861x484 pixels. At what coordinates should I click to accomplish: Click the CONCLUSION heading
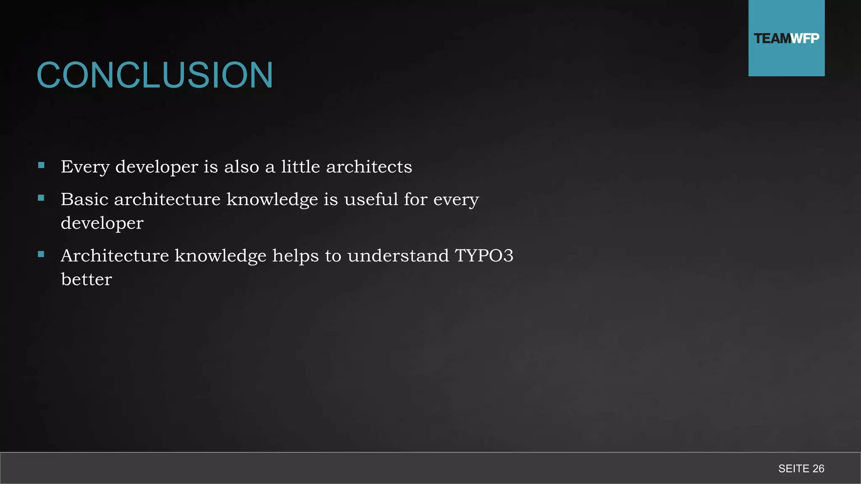coord(155,75)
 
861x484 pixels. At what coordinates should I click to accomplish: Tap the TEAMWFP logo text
coord(786,39)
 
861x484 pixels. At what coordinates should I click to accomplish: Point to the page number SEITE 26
coord(801,468)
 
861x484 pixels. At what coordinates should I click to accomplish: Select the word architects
coord(369,167)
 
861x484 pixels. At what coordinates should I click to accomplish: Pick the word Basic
coord(85,199)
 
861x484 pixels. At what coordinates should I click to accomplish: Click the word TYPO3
coord(484,255)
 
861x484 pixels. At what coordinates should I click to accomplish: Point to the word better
coord(86,279)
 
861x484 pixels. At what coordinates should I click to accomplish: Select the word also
coord(241,167)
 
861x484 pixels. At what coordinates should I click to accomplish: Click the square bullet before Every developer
coord(41,166)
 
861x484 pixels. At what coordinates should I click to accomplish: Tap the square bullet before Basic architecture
coord(41,198)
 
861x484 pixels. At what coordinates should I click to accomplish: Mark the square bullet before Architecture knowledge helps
coord(41,254)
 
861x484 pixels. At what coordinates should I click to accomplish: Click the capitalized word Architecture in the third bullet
coord(115,255)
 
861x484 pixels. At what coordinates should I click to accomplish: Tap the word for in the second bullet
coord(415,199)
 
